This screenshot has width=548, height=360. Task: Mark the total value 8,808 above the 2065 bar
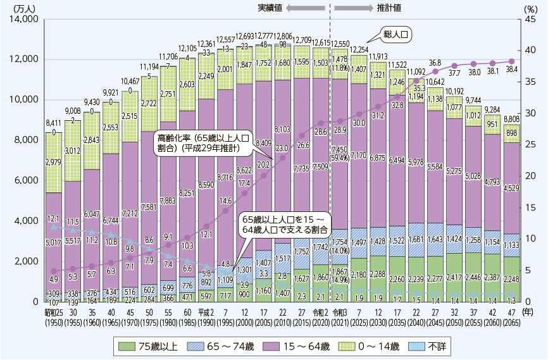(x=511, y=118)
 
